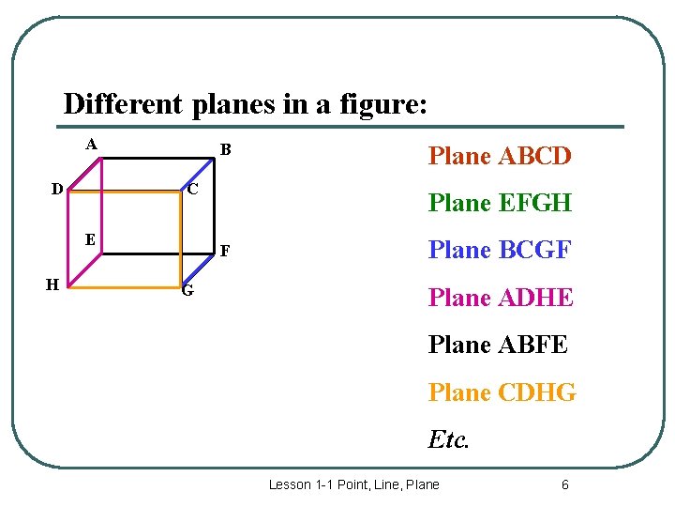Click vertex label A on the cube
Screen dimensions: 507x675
(x=90, y=145)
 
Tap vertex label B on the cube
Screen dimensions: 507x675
(x=226, y=150)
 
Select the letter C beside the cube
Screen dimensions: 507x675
(x=192, y=189)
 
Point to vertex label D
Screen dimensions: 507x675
(x=57, y=189)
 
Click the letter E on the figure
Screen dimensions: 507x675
(x=89, y=238)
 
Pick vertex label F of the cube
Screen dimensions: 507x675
(x=225, y=252)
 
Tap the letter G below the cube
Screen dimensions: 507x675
(x=187, y=291)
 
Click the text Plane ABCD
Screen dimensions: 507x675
(x=500, y=156)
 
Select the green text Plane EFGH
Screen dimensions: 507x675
(x=500, y=203)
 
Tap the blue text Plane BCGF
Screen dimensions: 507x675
(x=500, y=250)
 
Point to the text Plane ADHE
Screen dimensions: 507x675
(x=501, y=298)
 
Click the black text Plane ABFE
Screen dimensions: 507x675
(x=498, y=345)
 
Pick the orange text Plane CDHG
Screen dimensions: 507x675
(x=502, y=392)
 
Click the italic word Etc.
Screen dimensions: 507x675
(x=448, y=438)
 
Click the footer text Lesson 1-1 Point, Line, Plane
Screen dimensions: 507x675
(x=353, y=484)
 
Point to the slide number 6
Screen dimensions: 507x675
(x=564, y=484)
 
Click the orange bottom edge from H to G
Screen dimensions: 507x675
(x=126, y=287)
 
